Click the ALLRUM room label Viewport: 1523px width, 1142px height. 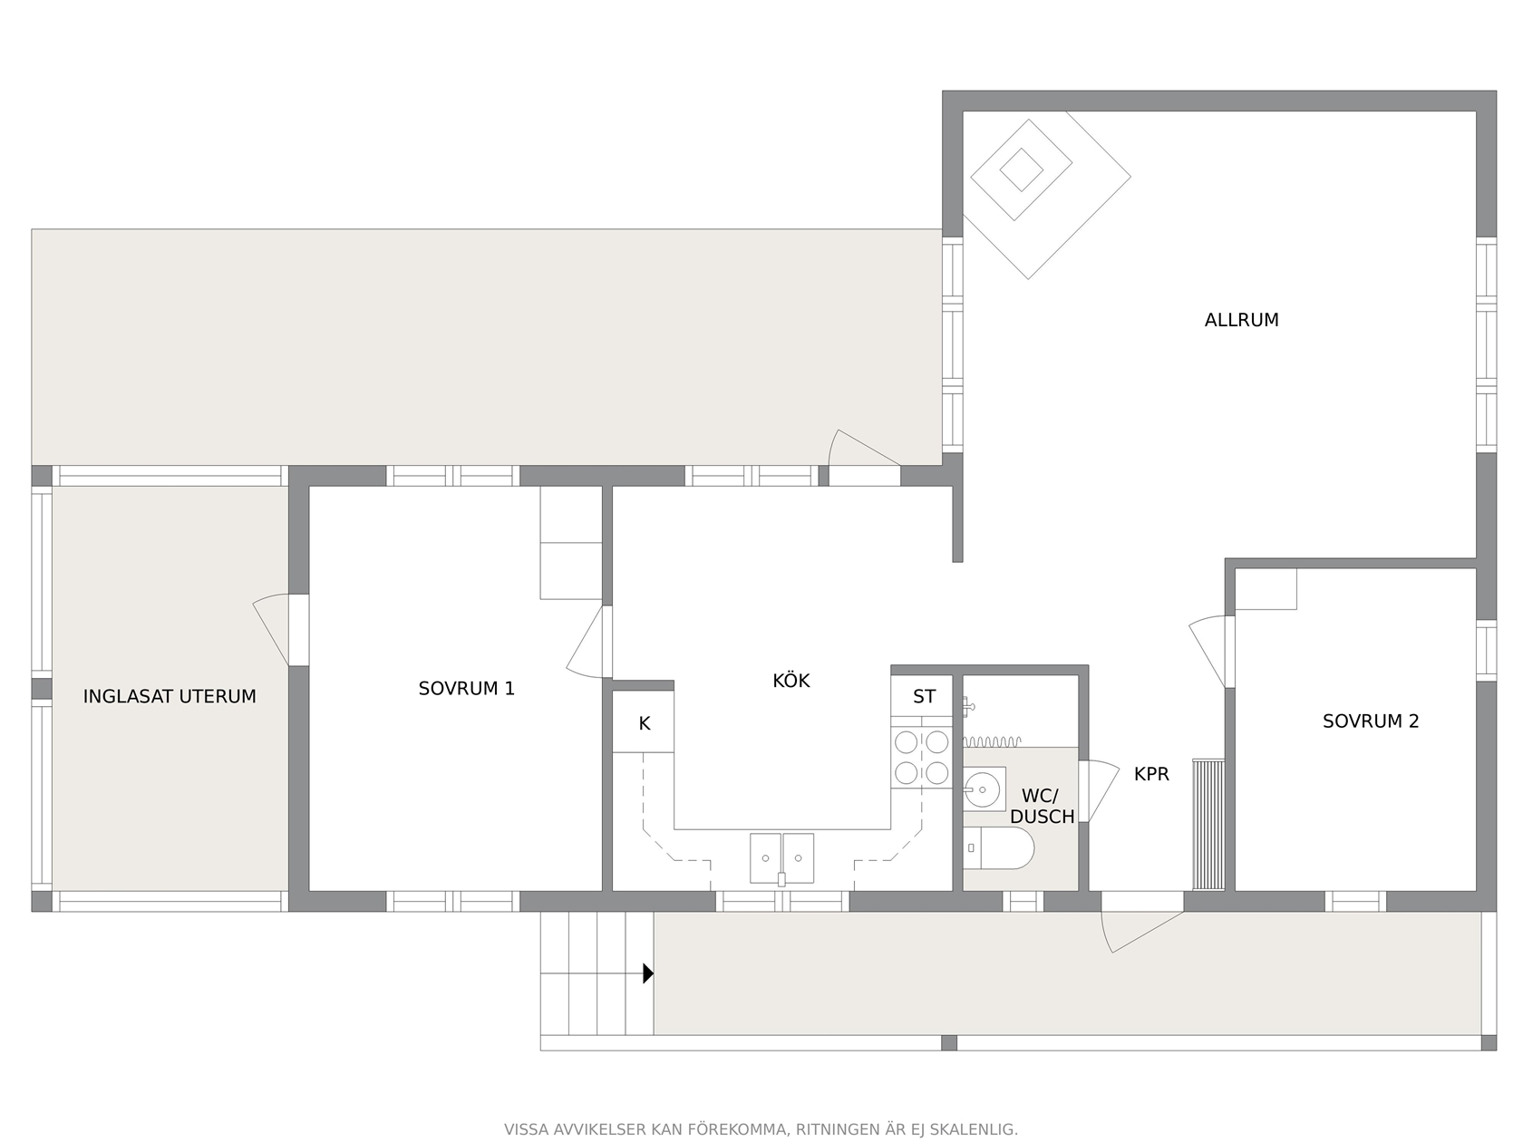tap(1240, 320)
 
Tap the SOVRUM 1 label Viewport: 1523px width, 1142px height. tap(466, 689)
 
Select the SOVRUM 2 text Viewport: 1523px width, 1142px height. tap(1371, 721)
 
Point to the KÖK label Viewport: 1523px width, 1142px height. tap(791, 680)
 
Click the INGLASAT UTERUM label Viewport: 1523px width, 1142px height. tap(170, 696)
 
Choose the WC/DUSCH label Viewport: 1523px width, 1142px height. tap(1042, 806)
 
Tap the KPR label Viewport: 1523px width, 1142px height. tap(1151, 774)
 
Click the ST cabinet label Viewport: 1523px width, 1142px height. tap(924, 696)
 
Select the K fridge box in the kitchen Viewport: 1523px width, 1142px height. tap(644, 721)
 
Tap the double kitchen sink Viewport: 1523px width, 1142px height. tap(781, 858)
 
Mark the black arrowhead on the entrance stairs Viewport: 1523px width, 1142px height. tap(648, 973)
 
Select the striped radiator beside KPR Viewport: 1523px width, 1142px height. tap(1208, 825)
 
